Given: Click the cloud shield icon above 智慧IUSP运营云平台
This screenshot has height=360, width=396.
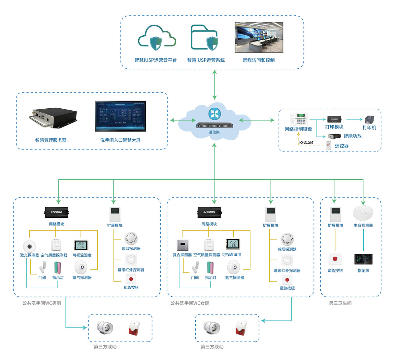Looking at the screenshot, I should point(157,39).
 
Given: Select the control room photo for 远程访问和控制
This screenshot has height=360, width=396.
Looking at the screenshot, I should point(259,37).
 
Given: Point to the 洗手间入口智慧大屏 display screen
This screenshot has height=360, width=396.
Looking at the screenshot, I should point(120,116).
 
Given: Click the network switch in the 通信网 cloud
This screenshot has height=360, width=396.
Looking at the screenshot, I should point(214,126).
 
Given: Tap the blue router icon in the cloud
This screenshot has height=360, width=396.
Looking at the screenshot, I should point(214,113).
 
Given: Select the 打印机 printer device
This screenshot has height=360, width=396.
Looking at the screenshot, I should point(368,120).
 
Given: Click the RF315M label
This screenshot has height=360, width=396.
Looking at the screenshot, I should point(306,142).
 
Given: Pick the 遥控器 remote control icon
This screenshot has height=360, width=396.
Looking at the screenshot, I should point(328,145).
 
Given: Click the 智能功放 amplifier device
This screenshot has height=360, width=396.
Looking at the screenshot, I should point(334,136).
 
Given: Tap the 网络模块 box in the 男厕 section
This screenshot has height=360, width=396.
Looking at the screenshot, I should point(57,212).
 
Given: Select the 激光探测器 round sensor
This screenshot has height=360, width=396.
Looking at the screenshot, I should point(29,246).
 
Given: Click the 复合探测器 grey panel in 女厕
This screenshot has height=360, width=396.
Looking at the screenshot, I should point(182,246).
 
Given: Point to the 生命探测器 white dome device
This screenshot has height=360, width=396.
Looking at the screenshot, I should point(363,213).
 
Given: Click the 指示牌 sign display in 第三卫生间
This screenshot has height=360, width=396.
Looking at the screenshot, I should point(363,259).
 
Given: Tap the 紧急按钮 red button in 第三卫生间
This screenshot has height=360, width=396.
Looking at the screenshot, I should point(335,259).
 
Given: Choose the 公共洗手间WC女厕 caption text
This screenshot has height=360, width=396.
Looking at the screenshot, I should point(190,303).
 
